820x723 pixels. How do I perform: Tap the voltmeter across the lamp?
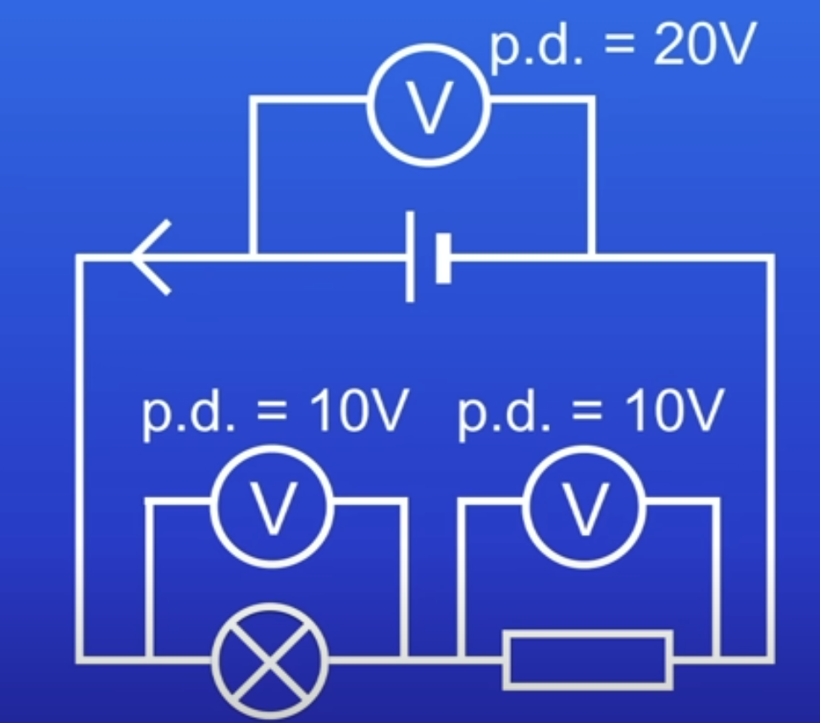272,506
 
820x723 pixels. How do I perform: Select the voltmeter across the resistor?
584,506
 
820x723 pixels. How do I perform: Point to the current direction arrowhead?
152,257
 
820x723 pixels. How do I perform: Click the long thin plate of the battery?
410,257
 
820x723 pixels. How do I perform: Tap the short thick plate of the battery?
442,257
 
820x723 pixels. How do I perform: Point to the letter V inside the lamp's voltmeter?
272,508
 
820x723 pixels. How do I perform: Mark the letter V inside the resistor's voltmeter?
584,508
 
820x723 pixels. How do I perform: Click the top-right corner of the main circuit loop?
769,257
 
